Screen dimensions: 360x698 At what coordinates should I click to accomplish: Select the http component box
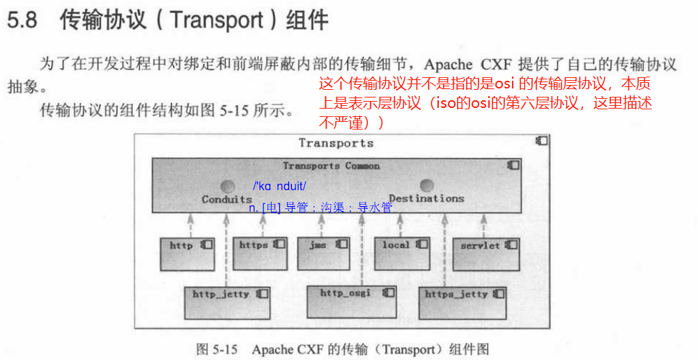click(187, 254)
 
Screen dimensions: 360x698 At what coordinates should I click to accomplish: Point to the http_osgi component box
click(350, 301)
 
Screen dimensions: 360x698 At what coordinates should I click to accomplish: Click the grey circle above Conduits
click(226, 187)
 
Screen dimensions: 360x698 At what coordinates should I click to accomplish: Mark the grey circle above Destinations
click(426, 186)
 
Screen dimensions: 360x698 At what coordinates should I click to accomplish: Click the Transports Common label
click(331, 166)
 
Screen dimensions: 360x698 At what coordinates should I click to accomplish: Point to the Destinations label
click(426, 198)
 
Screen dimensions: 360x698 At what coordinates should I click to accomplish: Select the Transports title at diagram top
click(336, 143)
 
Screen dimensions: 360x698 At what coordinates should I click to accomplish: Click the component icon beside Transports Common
click(513, 165)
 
